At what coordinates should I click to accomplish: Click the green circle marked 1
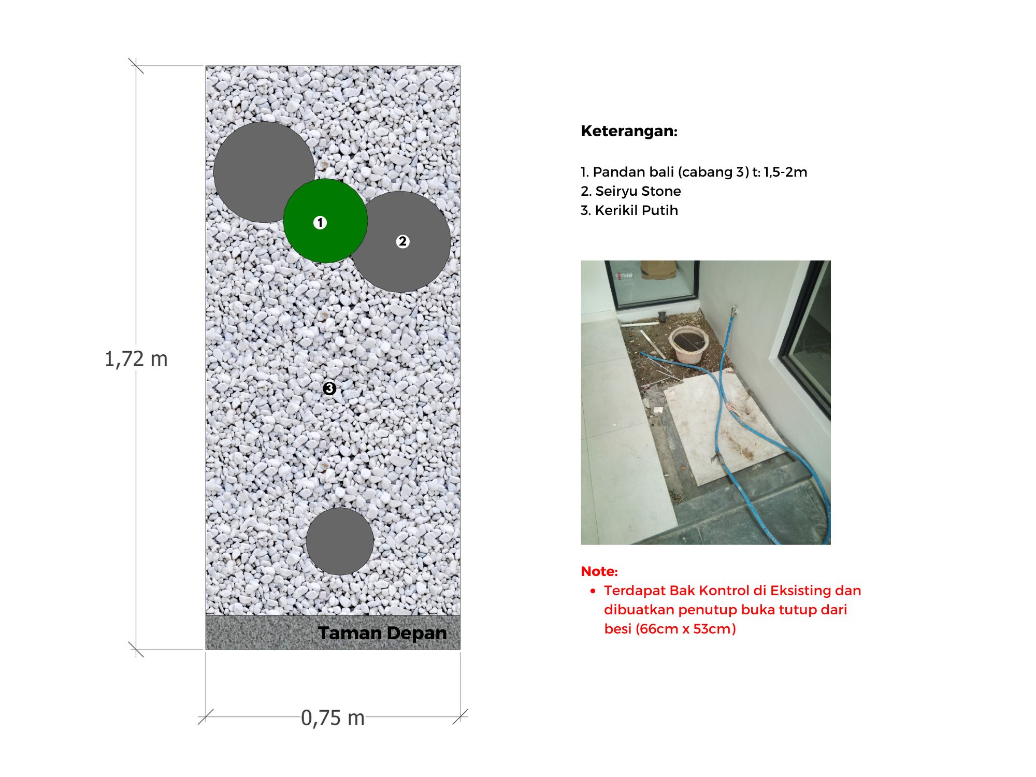[x=325, y=221]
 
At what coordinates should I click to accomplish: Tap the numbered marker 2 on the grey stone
[x=402, y=241]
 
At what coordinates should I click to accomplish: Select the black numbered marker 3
[x=329, y=388]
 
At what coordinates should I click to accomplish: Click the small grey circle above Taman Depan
[x=340, y=541]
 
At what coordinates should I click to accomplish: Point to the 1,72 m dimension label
[x=136, y=359]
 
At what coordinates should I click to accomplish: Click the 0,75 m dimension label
[x=333, y=718]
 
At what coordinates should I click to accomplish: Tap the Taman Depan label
[x=382, y=633]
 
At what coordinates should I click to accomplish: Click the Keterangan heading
[x=629, y=131]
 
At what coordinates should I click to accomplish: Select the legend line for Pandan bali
[x=694, y=172]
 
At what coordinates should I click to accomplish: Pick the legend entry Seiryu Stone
[x=631, y=191]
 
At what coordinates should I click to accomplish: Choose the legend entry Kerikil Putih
[x=629, y=210]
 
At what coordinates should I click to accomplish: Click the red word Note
[x=599, y=571]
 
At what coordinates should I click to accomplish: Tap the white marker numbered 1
[x=320, y=223]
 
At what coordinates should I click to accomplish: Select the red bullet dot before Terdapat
[x=593, y=591]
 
